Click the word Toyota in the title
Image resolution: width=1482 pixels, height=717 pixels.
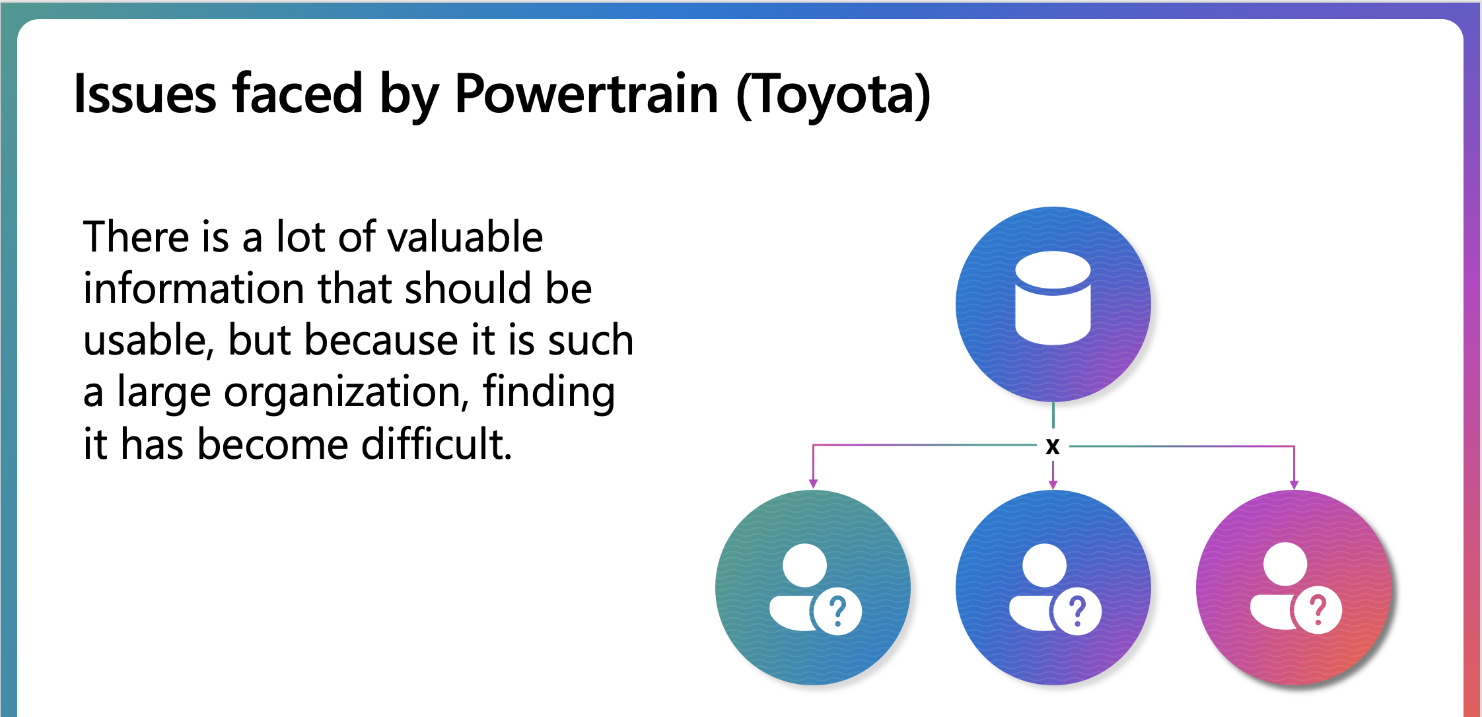click(x=834, y=96)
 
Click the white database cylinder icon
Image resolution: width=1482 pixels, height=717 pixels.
click(x=1053, y=298)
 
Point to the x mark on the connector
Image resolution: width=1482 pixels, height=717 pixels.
click(x=1053, y=446)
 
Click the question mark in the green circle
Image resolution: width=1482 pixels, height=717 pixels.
click(x=838, y=611)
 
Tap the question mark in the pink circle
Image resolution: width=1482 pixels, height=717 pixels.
click(x=1318, y=611)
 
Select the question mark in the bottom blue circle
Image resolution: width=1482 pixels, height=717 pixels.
click(x=1078, y=611)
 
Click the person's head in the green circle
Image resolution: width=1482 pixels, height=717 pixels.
click(x=804, y=565)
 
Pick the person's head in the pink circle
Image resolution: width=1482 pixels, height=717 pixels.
click(x=1285, y=564)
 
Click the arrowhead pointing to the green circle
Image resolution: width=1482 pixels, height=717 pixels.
click(x=813, y=484)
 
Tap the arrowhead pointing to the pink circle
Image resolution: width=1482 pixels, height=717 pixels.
click(x=1294, y=485)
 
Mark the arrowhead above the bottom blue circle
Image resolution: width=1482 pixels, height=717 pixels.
click(x=1053, y=485)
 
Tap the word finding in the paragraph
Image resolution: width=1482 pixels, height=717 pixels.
click(x=549, y=393)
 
